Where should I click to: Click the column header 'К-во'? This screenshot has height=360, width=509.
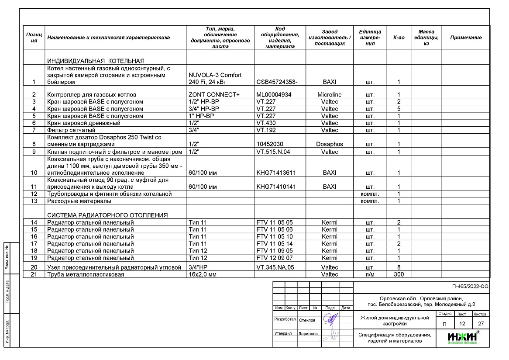click(x=399, y=38)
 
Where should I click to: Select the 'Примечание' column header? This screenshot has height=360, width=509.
click(x=466, y=38)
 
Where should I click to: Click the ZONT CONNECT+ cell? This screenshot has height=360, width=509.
click(x=214, y=95)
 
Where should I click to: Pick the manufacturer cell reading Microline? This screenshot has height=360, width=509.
click(x=329, y=95)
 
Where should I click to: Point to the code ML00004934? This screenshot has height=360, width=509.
click(x=274, y=95)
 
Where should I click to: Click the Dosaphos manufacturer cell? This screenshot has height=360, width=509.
click(x=329, y=144)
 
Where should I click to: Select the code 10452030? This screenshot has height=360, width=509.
click(x=270, y=144)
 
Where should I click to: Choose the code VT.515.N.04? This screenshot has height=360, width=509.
click(x=273, y=152)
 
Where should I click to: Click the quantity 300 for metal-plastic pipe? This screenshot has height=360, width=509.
click(x=399, y=274)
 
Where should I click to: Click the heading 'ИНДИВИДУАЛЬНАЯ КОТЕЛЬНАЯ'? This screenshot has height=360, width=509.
click(x=96, y=61)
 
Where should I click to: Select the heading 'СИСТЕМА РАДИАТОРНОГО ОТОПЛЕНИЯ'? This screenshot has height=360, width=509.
click(x=107, y=215)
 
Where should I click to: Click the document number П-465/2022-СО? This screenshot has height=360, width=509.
click(x=471, y=287)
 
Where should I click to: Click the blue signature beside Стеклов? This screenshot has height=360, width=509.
click(x=330, y=319)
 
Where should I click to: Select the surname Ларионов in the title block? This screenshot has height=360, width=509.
click(x=308, y=334)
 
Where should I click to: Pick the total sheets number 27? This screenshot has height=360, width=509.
click(x=481, y=324)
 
